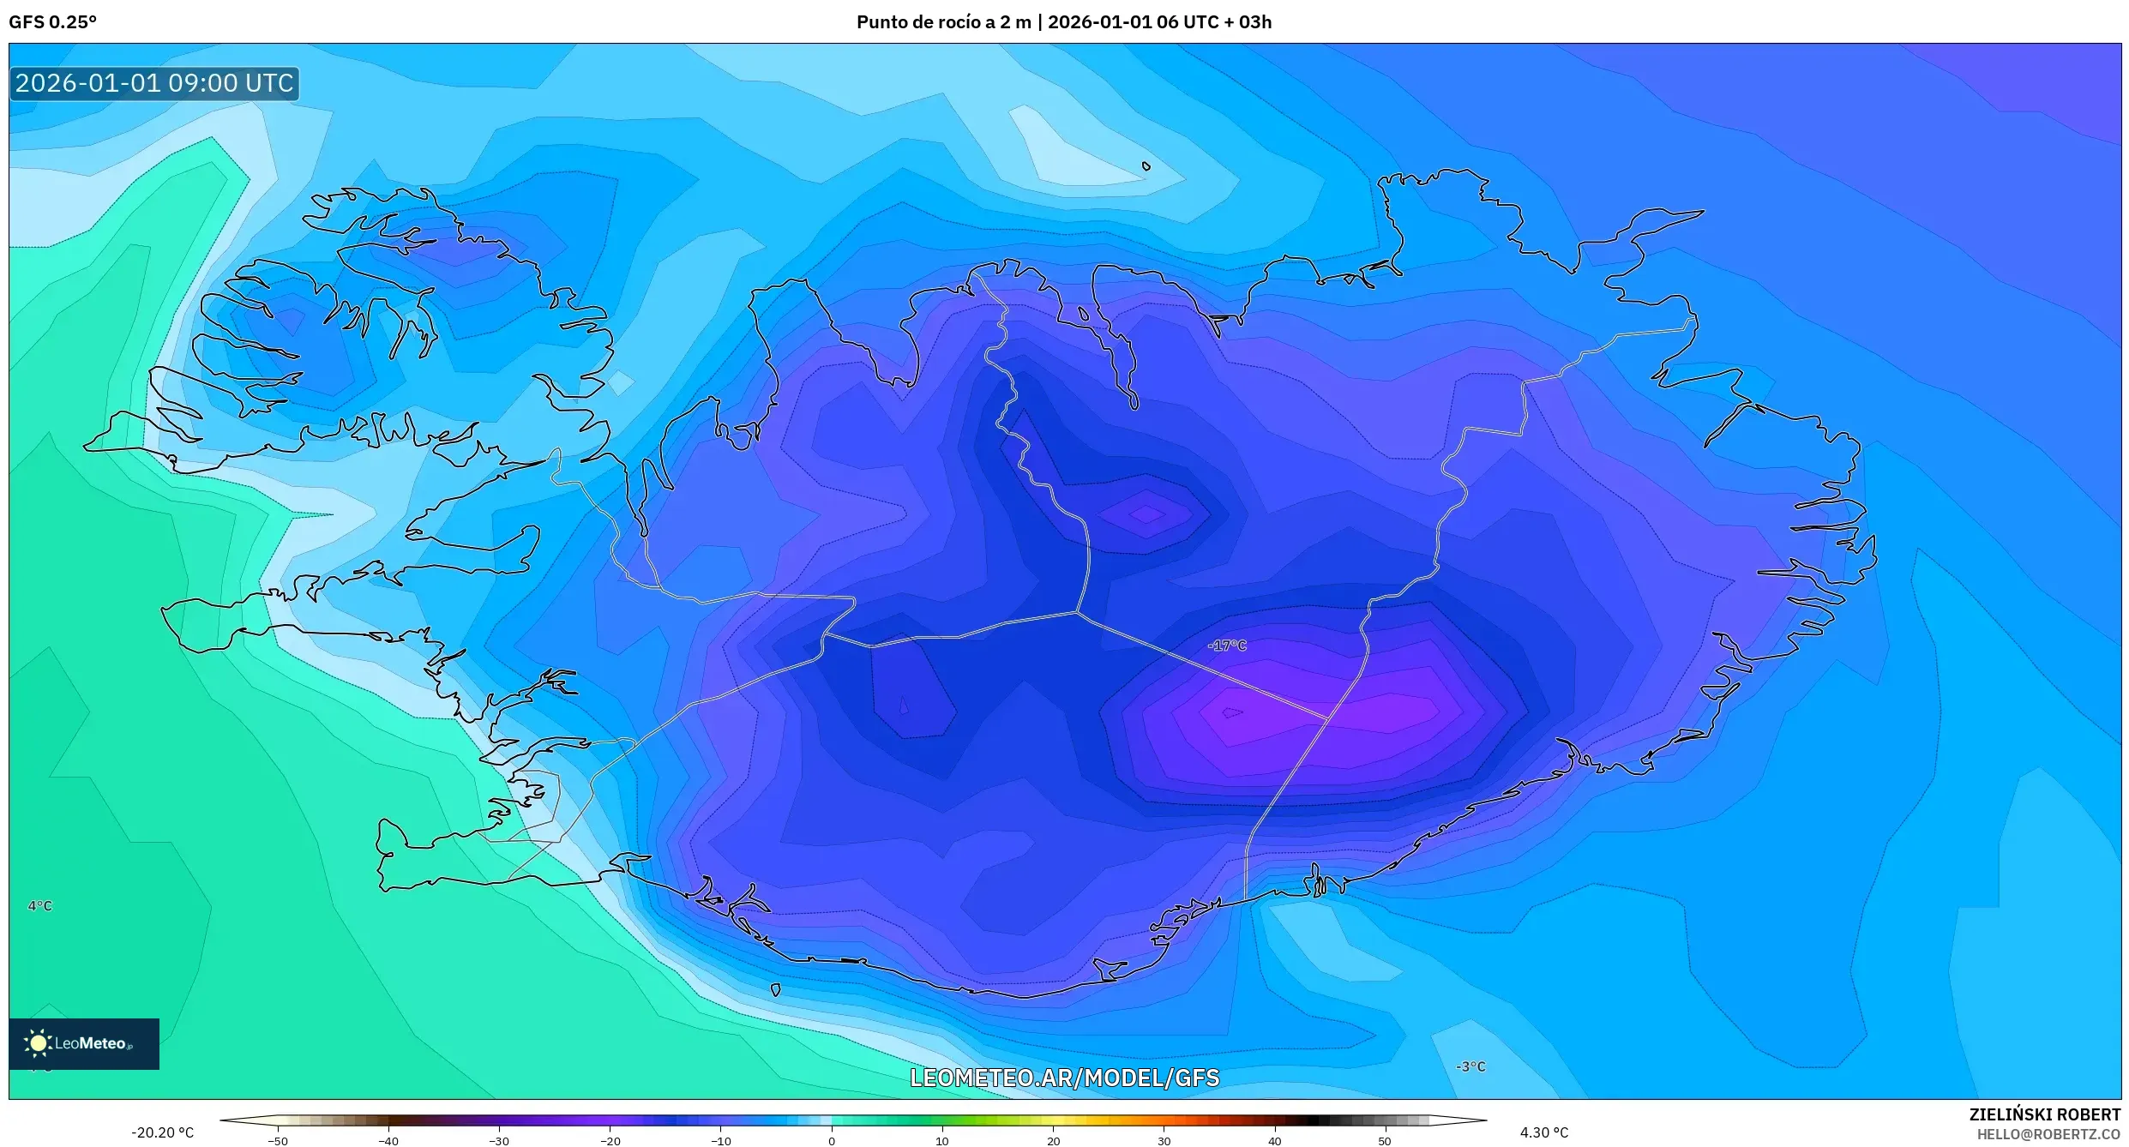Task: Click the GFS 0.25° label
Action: coord(52,22)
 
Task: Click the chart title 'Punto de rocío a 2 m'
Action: coord(943,22)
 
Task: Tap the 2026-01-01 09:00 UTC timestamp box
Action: coord(154,83)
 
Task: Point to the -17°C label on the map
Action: coord(1226,646)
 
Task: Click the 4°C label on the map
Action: coord(40,906)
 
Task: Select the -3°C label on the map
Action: coord(1470,1066)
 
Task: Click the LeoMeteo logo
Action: coord(84,1043)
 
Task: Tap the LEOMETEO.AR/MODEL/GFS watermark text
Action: coord(1064,1078)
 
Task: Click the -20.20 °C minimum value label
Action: coord(162,1132)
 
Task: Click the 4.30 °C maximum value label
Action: coord(1543,1132)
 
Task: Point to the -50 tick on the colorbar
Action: coord(278,1141)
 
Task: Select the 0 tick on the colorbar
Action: coord(832,1141)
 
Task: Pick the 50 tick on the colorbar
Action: coord(1385,1141)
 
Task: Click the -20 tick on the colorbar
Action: coord(610,1141)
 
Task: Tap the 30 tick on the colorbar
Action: coord(1164,1141)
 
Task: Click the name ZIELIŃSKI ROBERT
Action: coord(2044,1114)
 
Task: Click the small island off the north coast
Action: coord(1146,166)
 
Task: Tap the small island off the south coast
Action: coord(776,990)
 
